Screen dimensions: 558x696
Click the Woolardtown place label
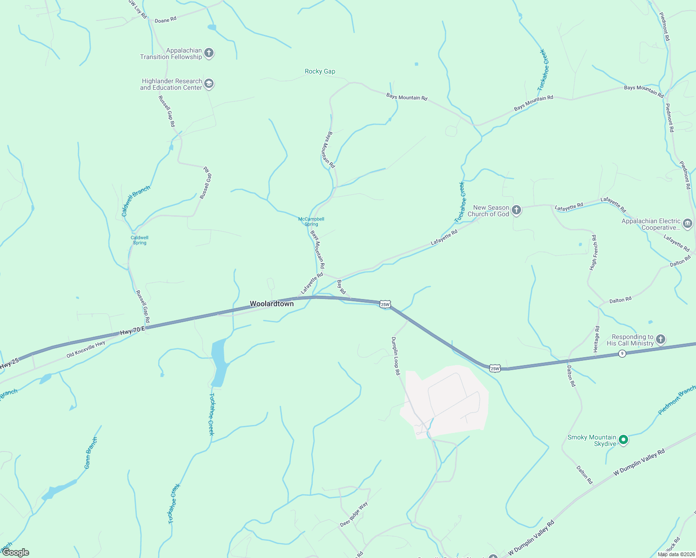pyautogui.click(x=272, y=304)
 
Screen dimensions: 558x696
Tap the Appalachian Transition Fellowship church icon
pyautogui.click(x=209, y=53)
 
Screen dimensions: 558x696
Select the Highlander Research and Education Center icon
pyautogui.click(x=209, y=84)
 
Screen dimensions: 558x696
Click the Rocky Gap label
pyautogui.click(x=320, y=71)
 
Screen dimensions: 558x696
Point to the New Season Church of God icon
pyautogui.click(x=516, y=210)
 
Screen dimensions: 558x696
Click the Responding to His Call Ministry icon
pyautogui.click(x=661, y=339)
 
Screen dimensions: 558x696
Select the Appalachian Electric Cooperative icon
pyautogui.click(x=688, y=224)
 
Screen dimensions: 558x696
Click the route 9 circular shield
pyautogui.click(x=622, y=354)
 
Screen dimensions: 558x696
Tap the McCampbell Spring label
pyautogui.click(x=311, y=221)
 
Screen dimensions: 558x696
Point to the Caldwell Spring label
pyautogui.click(x=140, y=240)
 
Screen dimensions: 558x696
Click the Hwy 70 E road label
pyautogui.click(x=133, y=331)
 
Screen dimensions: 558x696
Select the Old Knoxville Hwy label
pyautogui.click(x=86, y=349)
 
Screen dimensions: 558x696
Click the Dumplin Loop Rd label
pyautogui.click(x=395, y=356)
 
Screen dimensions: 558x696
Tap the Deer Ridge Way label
pyautogui.click(x=354, y=514)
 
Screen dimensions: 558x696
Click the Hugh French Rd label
pyautogui.click(x=593, y=252)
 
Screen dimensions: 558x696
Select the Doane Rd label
pyautogui.click(x=165, y=20)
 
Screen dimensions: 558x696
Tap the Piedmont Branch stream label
pyautogui.click(x=677, y=400)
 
